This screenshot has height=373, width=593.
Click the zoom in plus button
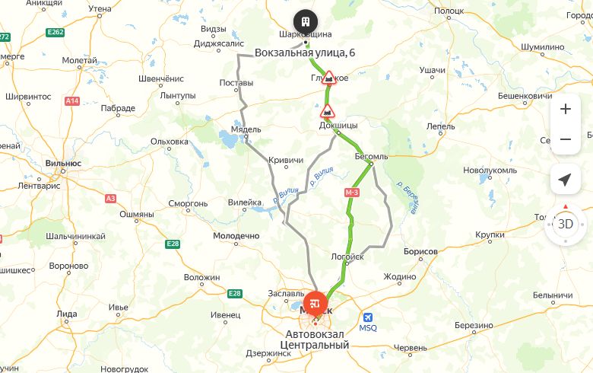(565, 109)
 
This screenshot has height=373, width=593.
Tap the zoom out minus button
(565, 139)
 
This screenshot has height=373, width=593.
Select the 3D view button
(565, 224)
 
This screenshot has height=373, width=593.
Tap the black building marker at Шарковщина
(305, 21)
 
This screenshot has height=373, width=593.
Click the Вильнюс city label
(63, 163)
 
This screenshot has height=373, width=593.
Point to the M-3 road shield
(351, 193)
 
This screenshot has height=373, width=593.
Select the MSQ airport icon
(368, 317)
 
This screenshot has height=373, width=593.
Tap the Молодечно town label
(236, 236)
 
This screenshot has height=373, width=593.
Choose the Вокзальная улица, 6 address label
(305, 53)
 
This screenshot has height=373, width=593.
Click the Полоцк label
(449, 11)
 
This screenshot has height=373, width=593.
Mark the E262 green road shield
(55, 32)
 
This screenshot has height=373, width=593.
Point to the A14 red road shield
(72, 100)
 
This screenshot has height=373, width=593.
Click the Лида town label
(67, 314)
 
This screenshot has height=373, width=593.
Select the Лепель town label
(441, 126)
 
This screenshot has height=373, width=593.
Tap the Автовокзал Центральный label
(315, 340)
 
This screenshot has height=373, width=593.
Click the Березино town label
(474, 326)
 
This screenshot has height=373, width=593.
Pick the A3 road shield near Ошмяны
(111, 198)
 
